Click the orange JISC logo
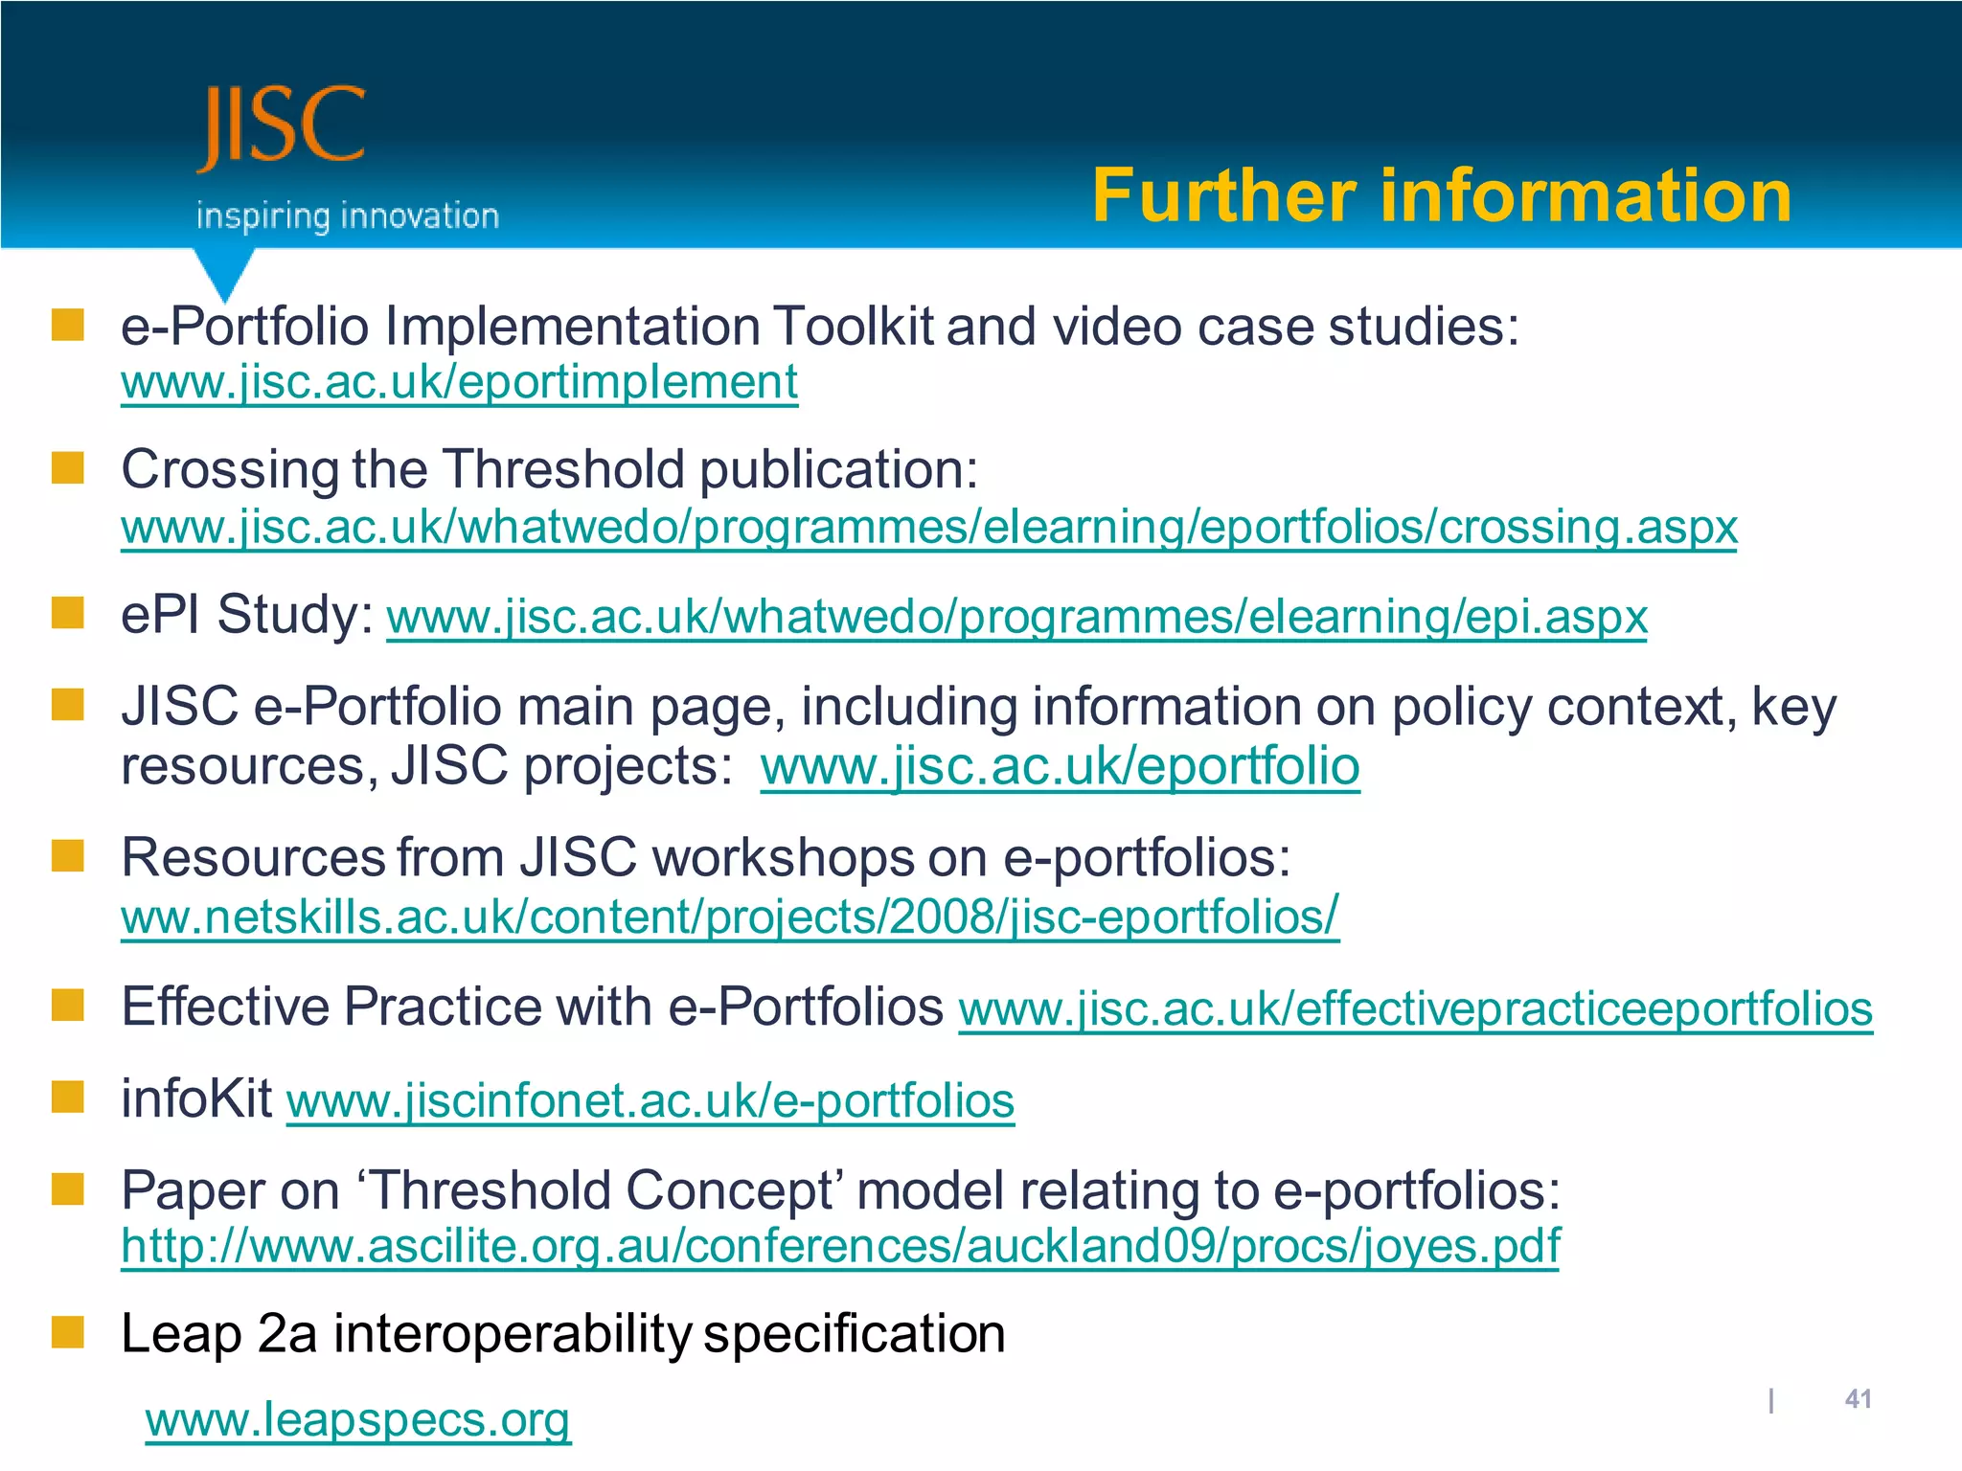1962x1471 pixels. point(282,126)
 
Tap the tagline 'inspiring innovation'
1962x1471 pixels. point(347,215)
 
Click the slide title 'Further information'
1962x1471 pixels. point(1441,195)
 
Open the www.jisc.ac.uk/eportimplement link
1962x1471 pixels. point(459,382)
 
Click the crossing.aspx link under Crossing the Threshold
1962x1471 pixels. point(928,527)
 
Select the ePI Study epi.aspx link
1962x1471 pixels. point(1015,616)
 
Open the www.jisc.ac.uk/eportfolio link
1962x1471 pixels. point(1060,766)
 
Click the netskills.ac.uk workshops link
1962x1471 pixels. point(729,917)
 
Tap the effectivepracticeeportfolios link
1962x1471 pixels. point(1415,1008)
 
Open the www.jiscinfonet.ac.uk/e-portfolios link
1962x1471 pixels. point(650,1099)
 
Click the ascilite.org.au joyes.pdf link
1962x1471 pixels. point(840,1246)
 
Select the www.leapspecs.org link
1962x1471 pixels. point(357,1419)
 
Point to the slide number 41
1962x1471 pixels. point(1858,1399)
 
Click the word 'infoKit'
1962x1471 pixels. point(196,1098)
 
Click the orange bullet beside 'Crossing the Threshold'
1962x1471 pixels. point(68,468)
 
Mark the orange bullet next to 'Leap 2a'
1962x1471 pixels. point(68,1331)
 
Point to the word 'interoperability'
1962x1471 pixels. point(512,1333)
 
